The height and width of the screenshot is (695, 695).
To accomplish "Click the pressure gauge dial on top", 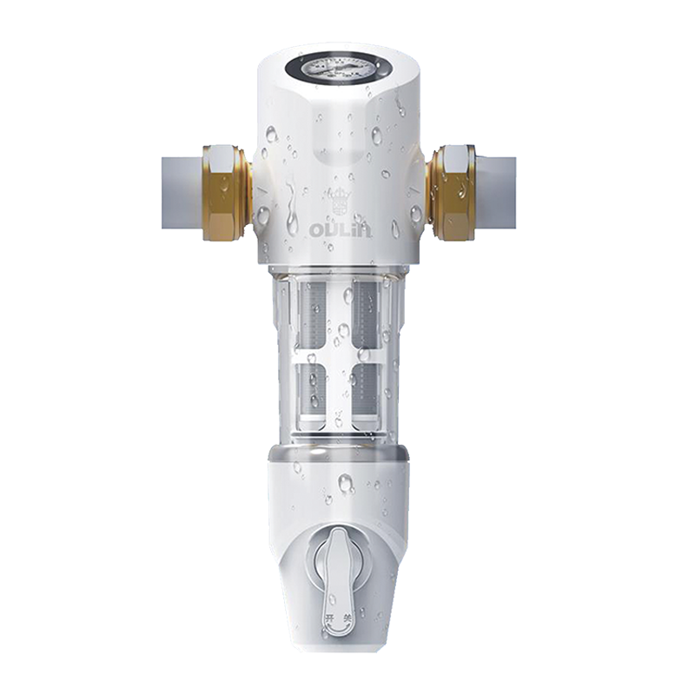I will pos(340,66).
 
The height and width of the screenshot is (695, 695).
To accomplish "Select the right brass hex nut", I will pos(452,192).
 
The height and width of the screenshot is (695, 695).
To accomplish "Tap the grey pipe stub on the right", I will pos(497,190).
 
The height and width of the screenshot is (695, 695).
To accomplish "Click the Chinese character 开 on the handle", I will pos(328,618).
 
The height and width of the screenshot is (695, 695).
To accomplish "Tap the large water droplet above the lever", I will pos(345,483).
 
